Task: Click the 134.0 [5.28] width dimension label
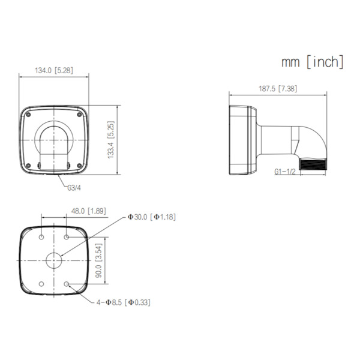[53, 71]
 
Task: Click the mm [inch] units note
[312, 61]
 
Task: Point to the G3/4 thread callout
[74, 188]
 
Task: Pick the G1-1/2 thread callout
[286, 172]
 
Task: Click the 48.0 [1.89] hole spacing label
[88, 211]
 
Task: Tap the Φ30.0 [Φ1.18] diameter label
[151, 217]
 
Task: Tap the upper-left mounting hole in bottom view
[41, 238]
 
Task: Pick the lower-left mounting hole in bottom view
[41, 284]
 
